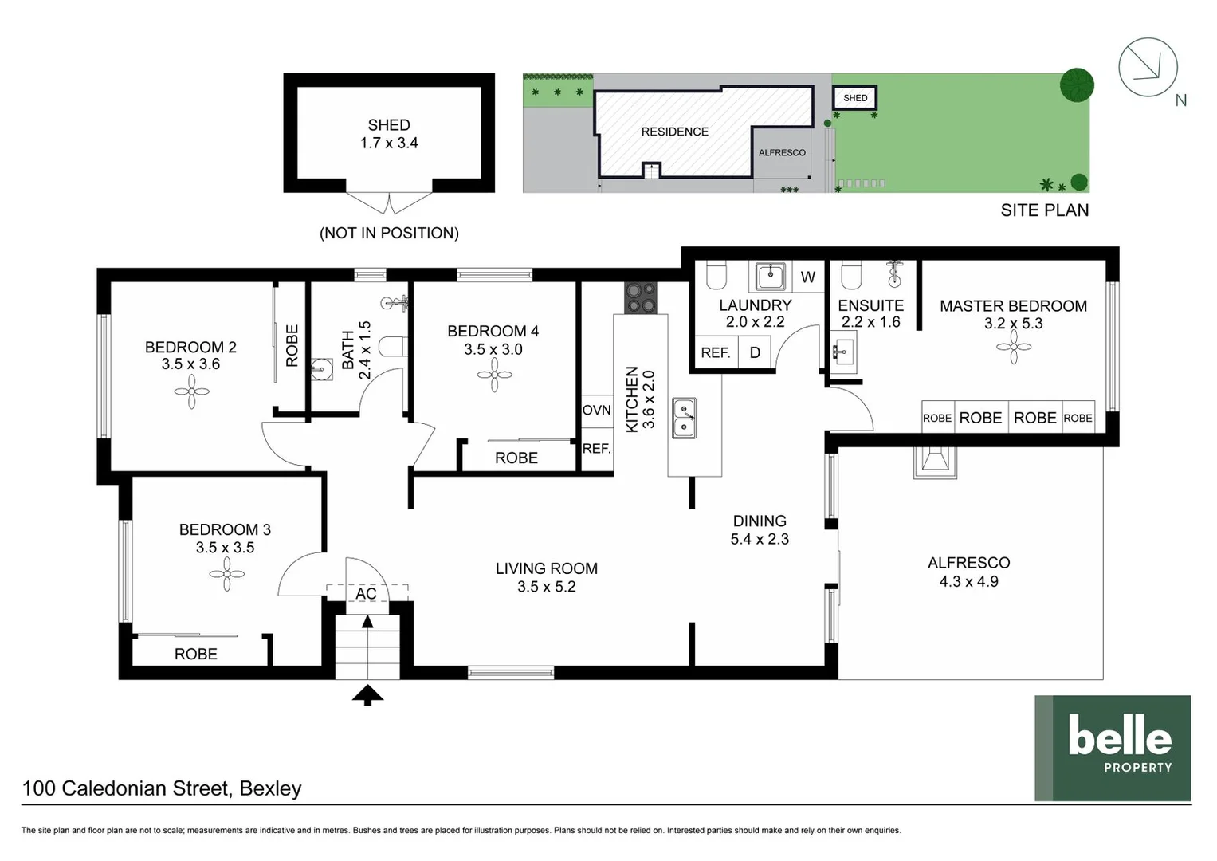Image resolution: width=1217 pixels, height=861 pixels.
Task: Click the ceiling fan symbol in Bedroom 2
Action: point(191,391)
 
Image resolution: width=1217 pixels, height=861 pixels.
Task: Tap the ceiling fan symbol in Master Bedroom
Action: point(1013,347)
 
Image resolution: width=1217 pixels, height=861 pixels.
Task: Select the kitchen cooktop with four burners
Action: point(641,298)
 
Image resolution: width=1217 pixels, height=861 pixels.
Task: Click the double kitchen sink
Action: point(684,418)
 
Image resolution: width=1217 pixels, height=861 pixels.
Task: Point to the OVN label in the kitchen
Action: point(596,410)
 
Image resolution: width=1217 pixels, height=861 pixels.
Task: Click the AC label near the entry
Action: point(366,594)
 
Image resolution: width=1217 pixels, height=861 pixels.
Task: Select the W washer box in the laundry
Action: point(807,277)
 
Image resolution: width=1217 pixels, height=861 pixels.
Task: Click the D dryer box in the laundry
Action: point(755,352)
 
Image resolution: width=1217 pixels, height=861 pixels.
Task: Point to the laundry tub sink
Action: point(770,277)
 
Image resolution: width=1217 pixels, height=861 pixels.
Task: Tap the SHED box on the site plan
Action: point(854,98)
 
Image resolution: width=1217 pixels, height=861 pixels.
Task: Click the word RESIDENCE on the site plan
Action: point(674,132)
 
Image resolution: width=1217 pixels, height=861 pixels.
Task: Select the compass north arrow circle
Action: point(1148,67)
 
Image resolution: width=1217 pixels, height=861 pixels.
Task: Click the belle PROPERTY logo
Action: point(1113,748)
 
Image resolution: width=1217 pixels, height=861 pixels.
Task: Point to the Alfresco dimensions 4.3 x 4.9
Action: point(968,581)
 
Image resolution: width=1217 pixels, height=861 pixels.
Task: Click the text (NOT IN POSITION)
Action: point(389,233)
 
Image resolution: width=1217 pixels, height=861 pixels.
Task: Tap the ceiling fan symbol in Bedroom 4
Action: point(494,375)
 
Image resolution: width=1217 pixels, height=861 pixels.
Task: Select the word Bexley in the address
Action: point(270,788)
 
